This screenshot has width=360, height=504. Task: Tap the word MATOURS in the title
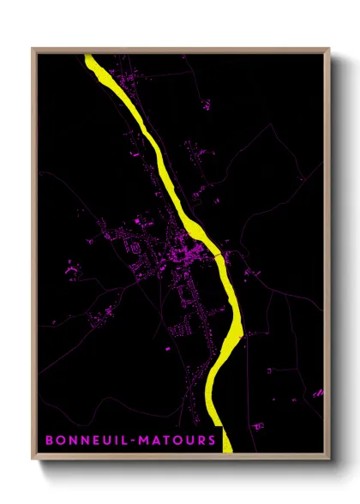click(x=175, y=441)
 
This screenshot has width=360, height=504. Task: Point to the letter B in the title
click(x=50, y=441)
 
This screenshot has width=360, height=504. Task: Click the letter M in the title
click(x=139, y=441)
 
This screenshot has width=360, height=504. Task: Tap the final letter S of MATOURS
click(x=211, y=441)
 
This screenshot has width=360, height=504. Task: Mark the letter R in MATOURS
click(x=200, y=441)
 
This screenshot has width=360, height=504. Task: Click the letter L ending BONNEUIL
click(x=121, y=441)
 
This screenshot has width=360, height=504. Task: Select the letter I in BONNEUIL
click(x=112, y=441)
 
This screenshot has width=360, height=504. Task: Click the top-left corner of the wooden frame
click(x=33, y=49)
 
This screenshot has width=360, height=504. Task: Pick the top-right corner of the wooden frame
click(x=329, y=49)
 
